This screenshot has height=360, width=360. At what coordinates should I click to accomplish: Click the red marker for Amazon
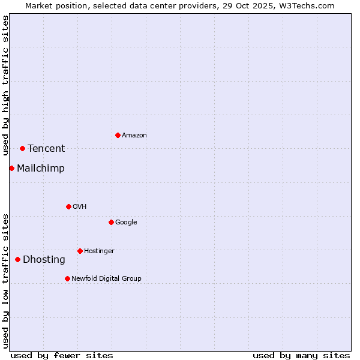118,135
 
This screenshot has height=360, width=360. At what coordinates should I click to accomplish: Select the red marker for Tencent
22,148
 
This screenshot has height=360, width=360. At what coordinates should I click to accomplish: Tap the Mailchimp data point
11,168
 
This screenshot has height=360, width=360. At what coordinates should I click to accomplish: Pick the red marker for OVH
68,206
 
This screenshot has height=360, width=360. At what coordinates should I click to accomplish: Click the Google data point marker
111,222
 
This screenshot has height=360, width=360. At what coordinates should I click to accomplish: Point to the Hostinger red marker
80,251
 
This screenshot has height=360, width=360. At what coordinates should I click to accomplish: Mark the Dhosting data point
17,259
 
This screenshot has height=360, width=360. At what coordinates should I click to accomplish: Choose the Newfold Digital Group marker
67,278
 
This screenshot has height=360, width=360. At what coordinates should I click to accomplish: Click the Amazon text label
134,136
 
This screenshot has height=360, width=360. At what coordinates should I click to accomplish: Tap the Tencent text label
46,149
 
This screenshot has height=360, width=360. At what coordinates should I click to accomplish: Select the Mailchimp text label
41,169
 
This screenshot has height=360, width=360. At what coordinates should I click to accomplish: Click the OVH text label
80,207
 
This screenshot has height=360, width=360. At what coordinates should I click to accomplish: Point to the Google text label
126,223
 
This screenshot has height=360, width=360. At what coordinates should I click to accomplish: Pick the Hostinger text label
99,251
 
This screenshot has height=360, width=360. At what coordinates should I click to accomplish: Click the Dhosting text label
44,260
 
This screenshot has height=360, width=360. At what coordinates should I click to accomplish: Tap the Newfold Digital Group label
106,279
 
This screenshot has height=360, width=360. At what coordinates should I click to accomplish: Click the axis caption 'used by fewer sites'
62,355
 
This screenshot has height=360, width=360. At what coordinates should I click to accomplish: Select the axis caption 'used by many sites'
301,355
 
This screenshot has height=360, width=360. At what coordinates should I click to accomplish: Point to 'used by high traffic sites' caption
6,85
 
